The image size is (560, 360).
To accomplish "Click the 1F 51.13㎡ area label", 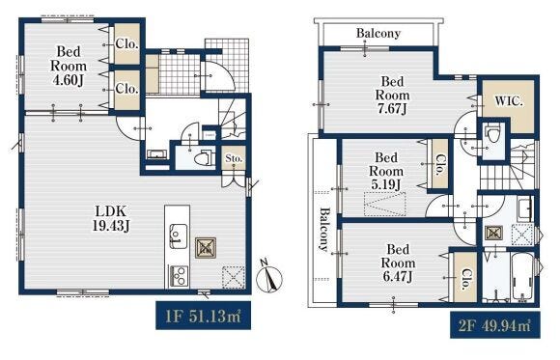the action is [203, 316].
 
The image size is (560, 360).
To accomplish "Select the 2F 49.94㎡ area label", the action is [494, 325].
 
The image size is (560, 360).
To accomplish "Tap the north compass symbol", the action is [269, 278].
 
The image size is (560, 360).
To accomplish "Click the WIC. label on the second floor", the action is [509, 101].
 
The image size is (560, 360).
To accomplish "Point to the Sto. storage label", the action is [234, 158].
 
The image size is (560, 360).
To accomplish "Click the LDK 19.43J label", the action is [111, 218].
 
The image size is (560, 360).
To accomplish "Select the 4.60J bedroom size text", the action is [68, 80].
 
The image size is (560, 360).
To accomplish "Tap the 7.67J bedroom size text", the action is [392, 108].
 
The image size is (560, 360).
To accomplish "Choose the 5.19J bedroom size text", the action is [385, 184].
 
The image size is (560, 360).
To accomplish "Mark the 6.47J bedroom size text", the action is [398, 276].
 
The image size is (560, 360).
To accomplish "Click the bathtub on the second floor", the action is [521, 278].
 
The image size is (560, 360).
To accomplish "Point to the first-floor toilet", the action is [205, 157].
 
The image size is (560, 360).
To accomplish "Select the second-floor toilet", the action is [493, 135].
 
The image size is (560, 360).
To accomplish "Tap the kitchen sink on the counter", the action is [178, 235].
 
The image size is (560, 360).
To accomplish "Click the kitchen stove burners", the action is [178, 276].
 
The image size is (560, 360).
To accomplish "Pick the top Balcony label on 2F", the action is [378, 34].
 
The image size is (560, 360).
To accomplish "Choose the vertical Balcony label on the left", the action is [323, 230].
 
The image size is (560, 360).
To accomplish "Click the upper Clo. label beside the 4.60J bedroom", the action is [126, 44].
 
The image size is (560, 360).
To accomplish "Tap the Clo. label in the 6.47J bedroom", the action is [465, 279].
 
